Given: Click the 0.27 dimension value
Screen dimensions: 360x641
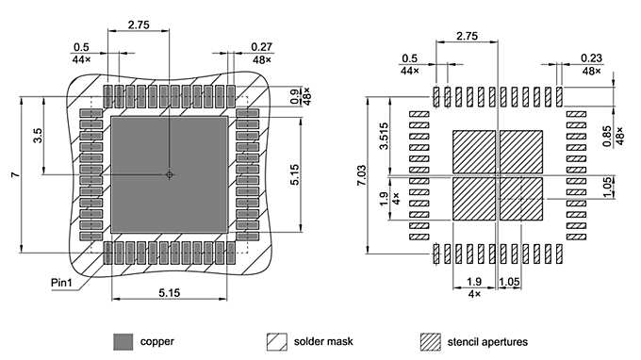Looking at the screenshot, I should click(261, 47).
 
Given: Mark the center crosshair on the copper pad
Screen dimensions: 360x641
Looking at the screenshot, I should click(170, 174).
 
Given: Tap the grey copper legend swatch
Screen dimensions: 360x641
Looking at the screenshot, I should click(123, 340).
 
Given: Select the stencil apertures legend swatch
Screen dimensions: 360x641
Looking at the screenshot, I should click(431, 340).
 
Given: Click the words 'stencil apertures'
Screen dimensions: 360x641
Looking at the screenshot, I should click(487, 340).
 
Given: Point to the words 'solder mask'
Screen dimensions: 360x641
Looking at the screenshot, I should click(323, 340).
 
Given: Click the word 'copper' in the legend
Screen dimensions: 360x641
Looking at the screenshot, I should click(156, 340).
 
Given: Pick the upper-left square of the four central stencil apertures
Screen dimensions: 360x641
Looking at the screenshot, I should click(474, 152).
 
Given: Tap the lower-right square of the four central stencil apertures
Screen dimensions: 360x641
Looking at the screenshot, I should click(521, 199).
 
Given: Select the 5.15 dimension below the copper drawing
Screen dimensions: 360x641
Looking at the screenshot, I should click(170, 294).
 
